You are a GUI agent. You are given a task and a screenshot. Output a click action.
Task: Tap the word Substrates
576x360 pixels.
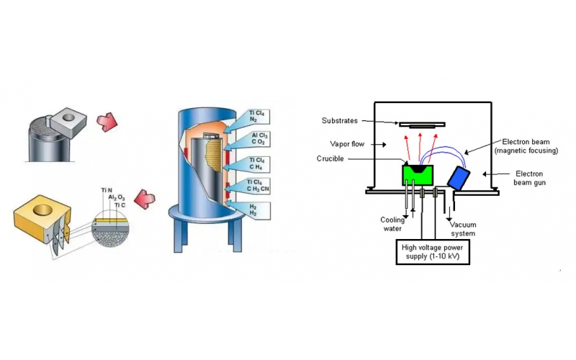click(x=341, y=121)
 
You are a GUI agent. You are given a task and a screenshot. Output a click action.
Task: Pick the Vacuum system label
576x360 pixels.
click(x=463, y=229)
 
